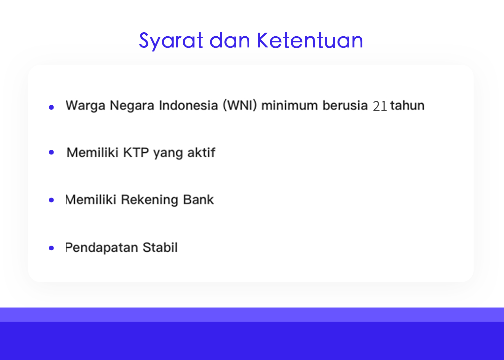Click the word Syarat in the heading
(171, 41)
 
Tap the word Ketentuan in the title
(310, 40)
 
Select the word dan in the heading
(230, 40)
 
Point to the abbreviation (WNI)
(240, 105)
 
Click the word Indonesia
(188, 105)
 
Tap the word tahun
(407, 105)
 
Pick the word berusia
(345, 105)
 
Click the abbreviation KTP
(136, 152)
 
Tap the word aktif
(202, 152)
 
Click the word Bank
(198, 200)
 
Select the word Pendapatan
(102, 248)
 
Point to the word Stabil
(160, 247)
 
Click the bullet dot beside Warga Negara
(51, 107)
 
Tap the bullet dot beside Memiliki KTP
(51, 152)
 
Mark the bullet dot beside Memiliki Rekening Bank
(51, 200)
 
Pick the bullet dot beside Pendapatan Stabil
(51, 248)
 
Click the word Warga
(85, 106)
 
